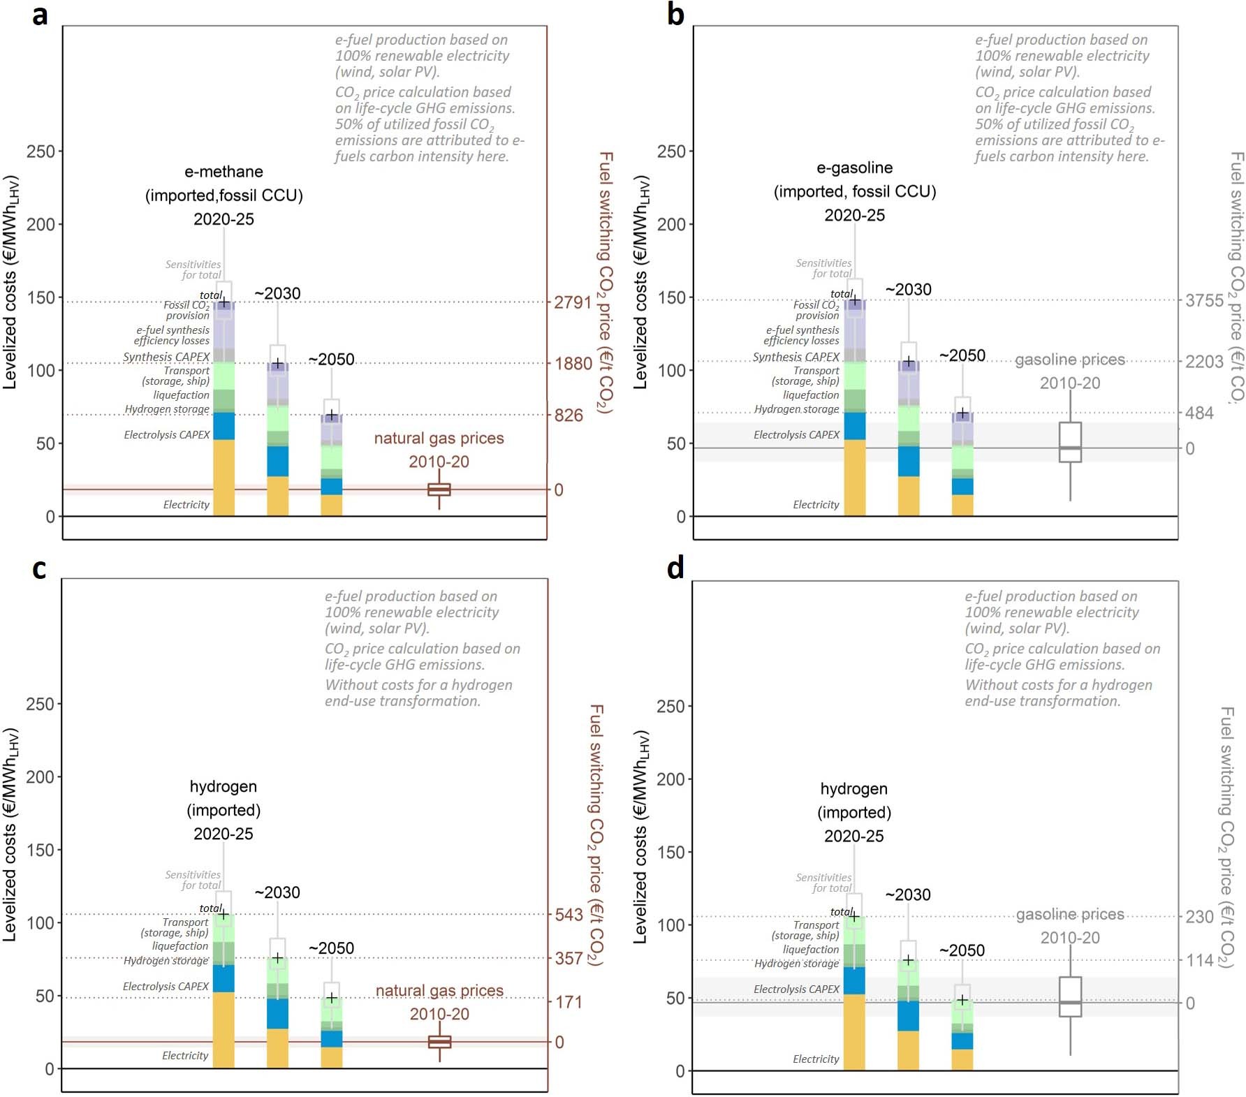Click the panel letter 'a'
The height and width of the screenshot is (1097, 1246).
[x=40, y=14]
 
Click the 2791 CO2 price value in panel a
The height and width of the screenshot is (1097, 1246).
[x=572, y=302]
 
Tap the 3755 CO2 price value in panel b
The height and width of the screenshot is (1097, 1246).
[x=1204, y=300]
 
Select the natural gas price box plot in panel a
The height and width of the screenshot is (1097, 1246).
[x=439, y=489]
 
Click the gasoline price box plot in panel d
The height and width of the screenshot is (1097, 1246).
[x=1070, y=996]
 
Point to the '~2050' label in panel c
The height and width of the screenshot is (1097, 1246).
[x=331, y=948]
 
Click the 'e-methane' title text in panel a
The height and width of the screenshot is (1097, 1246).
[x=223, y=172]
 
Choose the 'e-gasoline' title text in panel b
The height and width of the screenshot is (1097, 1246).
[x=854, y=168]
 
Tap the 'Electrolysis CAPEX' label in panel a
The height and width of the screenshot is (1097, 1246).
[x=167, y=435]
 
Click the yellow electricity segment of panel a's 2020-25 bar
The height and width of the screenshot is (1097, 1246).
[x=223, y=478]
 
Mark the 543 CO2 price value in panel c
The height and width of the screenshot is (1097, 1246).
[x=569, y=915]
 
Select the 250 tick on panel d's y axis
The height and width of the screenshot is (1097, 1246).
[x=670, y=706]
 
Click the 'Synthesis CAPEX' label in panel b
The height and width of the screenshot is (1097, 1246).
[x=796, y=357]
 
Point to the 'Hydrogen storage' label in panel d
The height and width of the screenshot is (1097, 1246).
[x=796, y=964]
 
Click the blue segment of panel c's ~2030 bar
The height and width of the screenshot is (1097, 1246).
[x=277, y=1013]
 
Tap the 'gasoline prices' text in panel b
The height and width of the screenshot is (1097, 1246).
[x=1069, y=360]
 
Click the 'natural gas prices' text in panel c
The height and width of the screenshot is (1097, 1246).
[x=439, y=991]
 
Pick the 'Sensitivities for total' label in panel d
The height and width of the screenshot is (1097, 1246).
[x=825, y=883]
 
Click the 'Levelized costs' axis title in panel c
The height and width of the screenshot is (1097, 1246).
[x=10, y=834]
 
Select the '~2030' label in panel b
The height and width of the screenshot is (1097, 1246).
[x=908, y=290]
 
